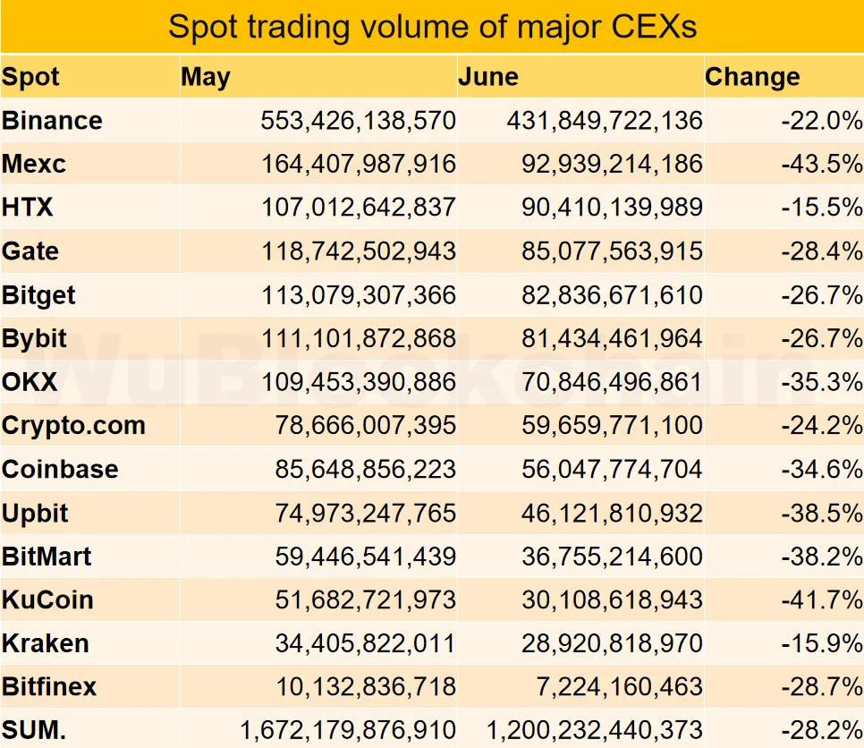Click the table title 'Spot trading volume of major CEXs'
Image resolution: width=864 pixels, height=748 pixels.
pyautogui.click(x=432, y=27)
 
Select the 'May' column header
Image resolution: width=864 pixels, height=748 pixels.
pyautogui.click(x=206, y=77)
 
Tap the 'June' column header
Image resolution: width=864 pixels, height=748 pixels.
pyautogui.click(x=488, y=77)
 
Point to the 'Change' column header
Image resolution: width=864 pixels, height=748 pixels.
pyautogui.click(x=752, y=77)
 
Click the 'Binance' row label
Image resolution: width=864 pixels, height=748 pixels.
pyautogui.click(x=52, y=121)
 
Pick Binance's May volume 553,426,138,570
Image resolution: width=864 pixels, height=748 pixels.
pyautogui.click(x=358, y=121)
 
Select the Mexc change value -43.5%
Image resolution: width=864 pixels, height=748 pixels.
pyautogui.click(x=821, y=165)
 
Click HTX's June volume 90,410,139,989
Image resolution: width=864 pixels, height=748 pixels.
pyautogui.click(x=612, y=208)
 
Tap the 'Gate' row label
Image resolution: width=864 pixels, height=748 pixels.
pyautogui.click(x=30, y=251)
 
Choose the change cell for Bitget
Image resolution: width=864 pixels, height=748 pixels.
pyautogui.click(x=821, y=295)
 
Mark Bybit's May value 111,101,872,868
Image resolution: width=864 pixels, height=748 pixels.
pyautogui.click(x=358, y=339)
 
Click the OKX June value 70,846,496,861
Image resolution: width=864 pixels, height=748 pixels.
pyautogui.click(x=612, y=382)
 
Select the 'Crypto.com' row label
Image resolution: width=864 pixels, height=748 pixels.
pyautogui.click(x=73, y=426)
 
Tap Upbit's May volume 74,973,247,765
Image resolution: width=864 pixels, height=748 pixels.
pyautogui.click(x=365, y=514)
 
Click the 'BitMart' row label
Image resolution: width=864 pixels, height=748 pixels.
pyautogui.click(x=47, y=557)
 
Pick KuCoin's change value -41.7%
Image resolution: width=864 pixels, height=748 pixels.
pyautogui.click(x=821, y=600)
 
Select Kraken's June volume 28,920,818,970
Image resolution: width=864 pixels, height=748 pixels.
pyautogui.click(x=612, y=643)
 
